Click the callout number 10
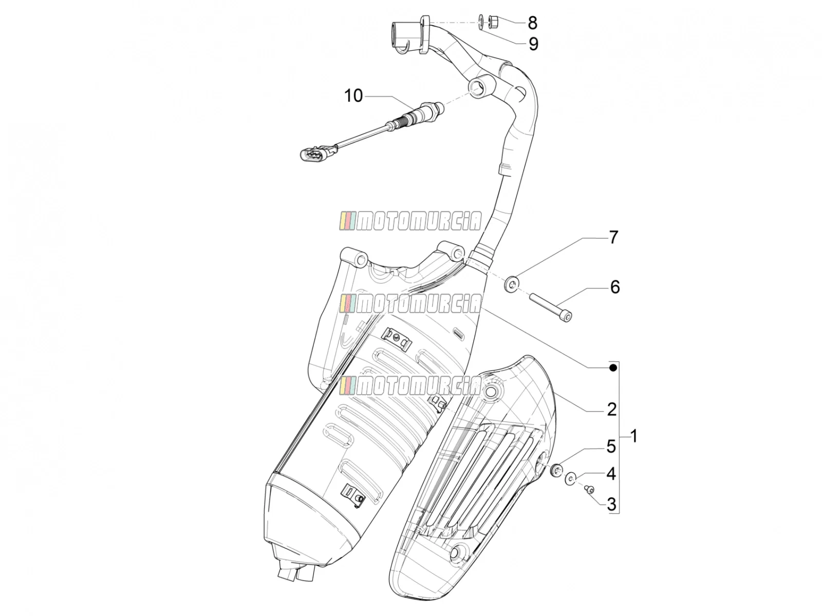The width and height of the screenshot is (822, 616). [353, 96]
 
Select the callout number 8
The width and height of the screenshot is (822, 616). [533, 23]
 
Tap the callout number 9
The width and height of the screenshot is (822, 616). [533, 44]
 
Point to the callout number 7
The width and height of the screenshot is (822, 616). [613, 238]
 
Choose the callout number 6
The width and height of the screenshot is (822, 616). [615, 287]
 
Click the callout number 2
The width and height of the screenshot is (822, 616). [611, 410]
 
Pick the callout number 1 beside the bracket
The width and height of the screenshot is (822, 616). [633, 436]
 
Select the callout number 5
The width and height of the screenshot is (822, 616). [611, 447]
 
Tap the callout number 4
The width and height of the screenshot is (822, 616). [611, 474]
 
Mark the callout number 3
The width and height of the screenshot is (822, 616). [611, 505]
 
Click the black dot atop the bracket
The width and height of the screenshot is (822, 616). [613, 368]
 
